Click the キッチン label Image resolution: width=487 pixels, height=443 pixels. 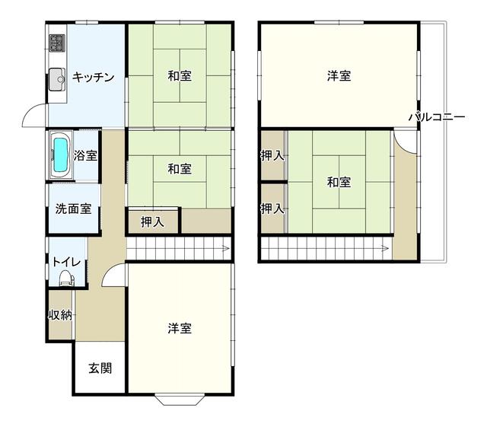93,77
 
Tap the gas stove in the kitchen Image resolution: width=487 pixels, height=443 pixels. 57,43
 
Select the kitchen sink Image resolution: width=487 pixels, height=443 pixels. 57,79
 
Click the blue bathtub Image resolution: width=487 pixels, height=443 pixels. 61,155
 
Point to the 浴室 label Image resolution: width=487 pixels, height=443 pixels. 85,155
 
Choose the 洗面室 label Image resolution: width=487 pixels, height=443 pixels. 73,209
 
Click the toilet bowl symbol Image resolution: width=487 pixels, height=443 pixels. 66,277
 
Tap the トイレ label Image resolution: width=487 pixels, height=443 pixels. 66,262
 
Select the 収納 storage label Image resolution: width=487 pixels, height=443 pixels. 60,315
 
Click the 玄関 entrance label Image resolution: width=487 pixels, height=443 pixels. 100,368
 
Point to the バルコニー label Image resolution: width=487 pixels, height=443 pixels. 437,116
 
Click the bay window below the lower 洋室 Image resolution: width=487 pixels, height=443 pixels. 180,400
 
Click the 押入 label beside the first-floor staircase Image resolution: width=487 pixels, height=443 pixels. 152,221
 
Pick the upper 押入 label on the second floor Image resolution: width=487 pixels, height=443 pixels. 272,155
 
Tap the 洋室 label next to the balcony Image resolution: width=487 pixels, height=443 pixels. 339,76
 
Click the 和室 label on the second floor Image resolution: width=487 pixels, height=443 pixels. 339,182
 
